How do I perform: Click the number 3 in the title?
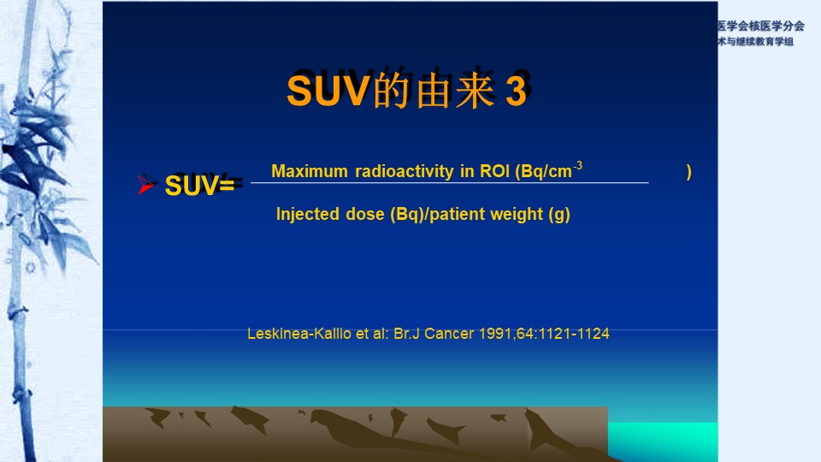click(x=516, y=91)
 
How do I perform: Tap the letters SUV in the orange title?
click(x=328, y=91)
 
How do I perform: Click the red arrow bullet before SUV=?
click(x=146, y=185)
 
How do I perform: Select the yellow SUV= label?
click(x=199, y=186)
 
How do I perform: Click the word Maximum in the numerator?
click(x=310, y=171)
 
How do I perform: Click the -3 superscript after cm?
click(x=577, y=166)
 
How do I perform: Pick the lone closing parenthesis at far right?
click(x=689, y=172)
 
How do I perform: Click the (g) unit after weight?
click(x=559, y=214)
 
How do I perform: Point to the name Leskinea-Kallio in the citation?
click(x=299, y=334)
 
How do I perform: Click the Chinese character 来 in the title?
click(x=475, y=91)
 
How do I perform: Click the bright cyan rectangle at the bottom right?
click(x=663, y=441)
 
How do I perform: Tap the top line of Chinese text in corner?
click(x=761, y=27)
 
